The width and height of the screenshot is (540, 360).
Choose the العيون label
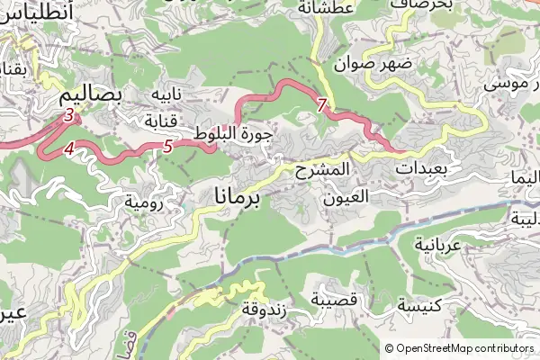pyautogui.click(x=345, y=194)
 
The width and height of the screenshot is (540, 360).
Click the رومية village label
pyautogui.click(x=143, y=202)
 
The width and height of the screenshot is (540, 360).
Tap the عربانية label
pyautogui.click(x=437, y=244)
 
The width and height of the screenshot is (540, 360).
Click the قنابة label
pyautogui.click(x=165, y=120)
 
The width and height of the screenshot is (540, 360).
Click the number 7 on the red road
pyautogui.click(x=322, y=105)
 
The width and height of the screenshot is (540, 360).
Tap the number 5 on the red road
pyautogui.click(x=168, y=147)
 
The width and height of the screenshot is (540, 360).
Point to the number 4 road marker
pyautogui.click(x=68, y=150)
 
